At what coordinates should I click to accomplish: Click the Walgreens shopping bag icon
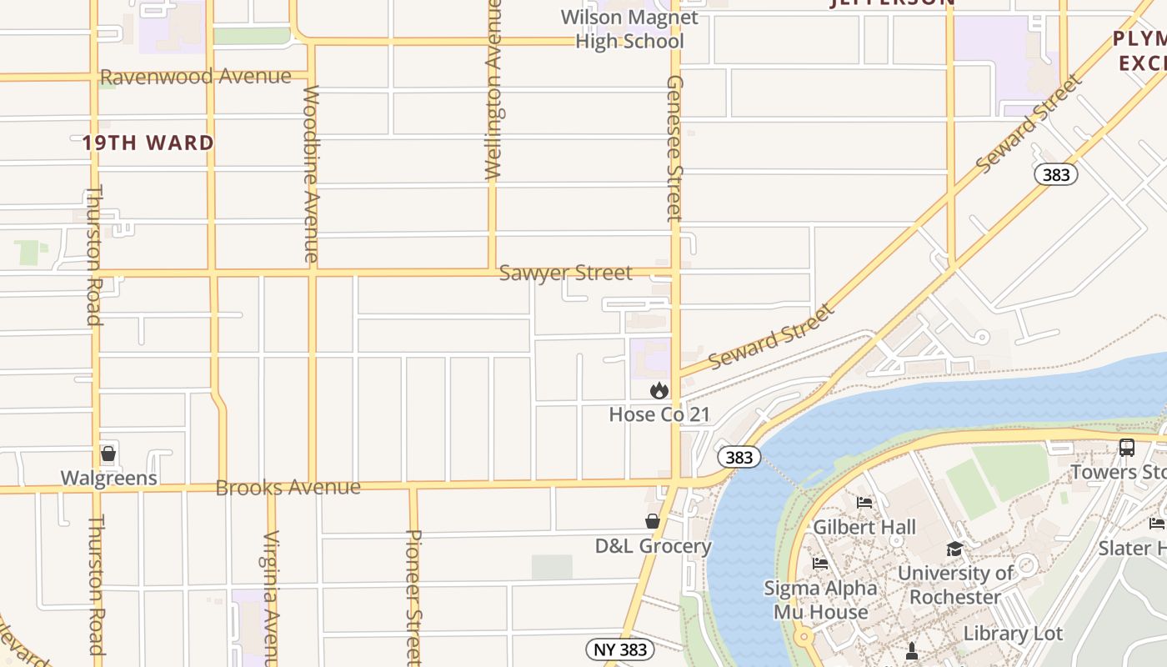[108, 454]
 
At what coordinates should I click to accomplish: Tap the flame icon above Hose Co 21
[659, 390]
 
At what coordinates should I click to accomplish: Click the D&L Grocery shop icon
[653, 521]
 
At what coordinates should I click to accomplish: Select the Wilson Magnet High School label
[629, 29]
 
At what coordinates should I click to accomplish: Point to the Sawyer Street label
[565, 273]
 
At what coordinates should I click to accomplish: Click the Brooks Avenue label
[288, 487]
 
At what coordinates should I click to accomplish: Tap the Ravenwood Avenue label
[196, 77]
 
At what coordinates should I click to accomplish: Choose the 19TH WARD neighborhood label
[148, 143]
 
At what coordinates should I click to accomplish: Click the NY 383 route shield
[620, 649]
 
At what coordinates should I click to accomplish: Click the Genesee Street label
[674, 148]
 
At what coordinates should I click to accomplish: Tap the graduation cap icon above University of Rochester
[954, 549]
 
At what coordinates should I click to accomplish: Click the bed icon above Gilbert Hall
[864, 502]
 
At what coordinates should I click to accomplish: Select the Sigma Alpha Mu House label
[821, 599]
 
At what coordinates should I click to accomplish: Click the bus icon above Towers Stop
[1127, 448]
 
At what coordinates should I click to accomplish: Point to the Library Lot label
[1013, 633]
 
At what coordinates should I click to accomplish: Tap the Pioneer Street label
[413, 596]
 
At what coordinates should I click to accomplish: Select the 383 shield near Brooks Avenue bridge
[739, 457]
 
